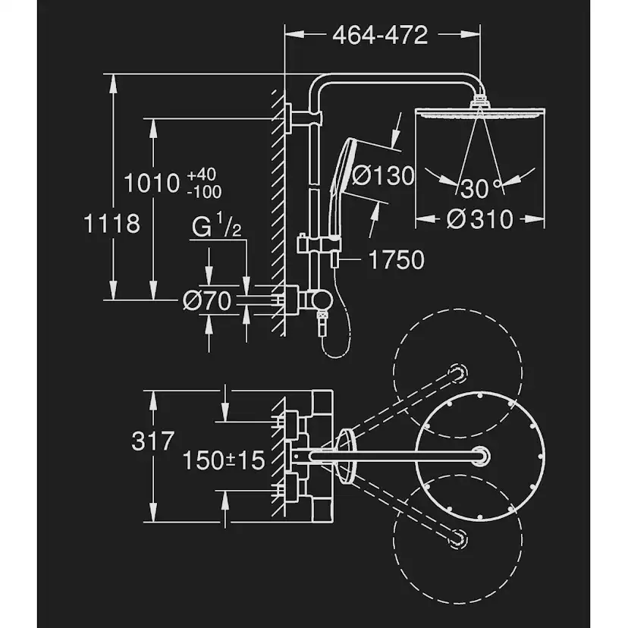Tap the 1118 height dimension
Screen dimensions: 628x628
coord(111,224)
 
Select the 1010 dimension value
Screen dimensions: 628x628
coord(151,183)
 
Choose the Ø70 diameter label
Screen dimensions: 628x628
coord(207,301)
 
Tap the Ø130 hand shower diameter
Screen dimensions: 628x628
coord(383,176)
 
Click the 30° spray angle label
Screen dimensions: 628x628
coord(478,187)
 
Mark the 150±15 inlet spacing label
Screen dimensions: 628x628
coord(224,459)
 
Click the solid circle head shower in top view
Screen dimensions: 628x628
coord(480,454)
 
